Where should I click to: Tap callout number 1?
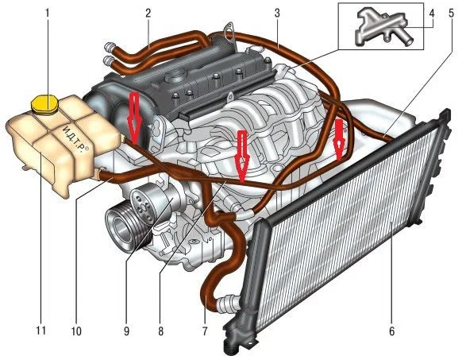(x=47, y=13)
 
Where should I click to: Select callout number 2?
(x=148, y=13)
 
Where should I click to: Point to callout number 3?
(x=277, y=13)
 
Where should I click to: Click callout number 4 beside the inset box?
(x=431, y=13)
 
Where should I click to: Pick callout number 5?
(x=452, y=13)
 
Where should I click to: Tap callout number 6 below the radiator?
(x=391, y=331)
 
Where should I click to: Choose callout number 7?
(x=205, y=331)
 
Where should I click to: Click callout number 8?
(x=161, y=331)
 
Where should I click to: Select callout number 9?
(x=126, y=331)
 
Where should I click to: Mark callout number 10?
(x=76, y=331)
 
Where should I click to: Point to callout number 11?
(x=41, y=331)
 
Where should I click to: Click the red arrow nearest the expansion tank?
(x=135, y=118)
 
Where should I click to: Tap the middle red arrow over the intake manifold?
(x=242, y=157)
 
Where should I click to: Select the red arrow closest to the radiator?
(x=339, y=139)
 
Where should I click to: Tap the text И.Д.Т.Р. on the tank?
(x=75, y=139)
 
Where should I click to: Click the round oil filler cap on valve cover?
(x=175, y=77)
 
